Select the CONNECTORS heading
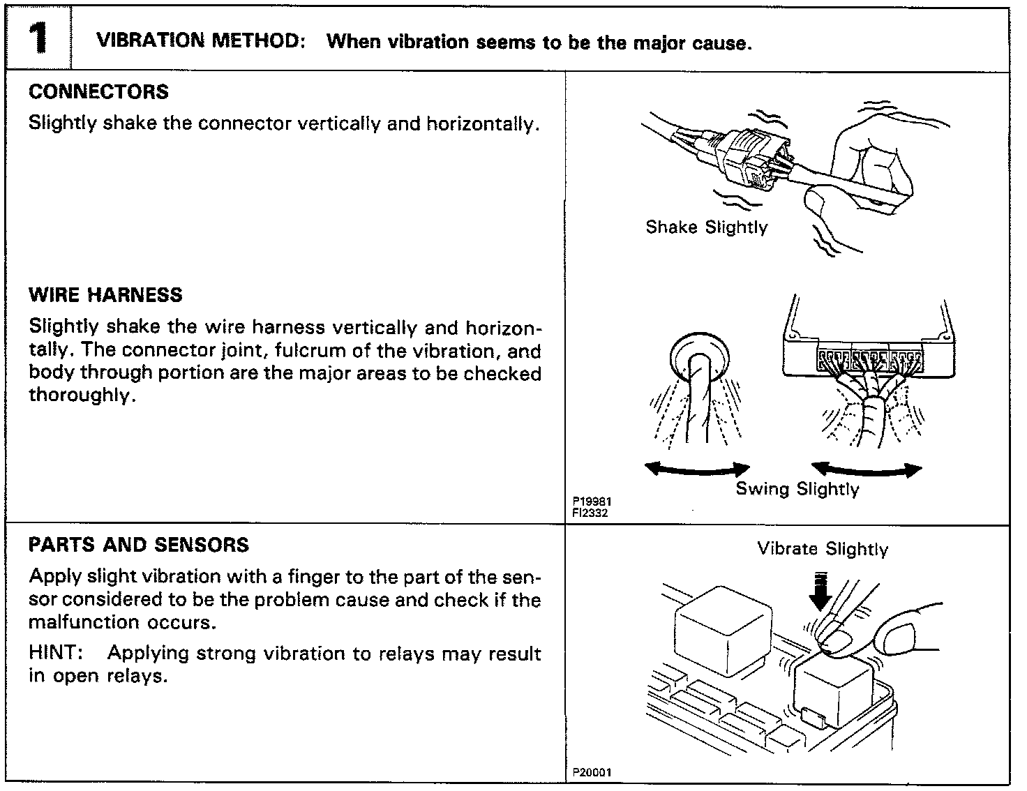98,92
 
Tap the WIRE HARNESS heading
105,295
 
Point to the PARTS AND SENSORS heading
139,545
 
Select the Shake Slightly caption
706,227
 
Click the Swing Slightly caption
797,489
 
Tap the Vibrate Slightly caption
823,550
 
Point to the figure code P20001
592,772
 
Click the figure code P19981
592,502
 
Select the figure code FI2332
590,513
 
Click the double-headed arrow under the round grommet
697,469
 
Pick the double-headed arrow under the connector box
866,469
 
